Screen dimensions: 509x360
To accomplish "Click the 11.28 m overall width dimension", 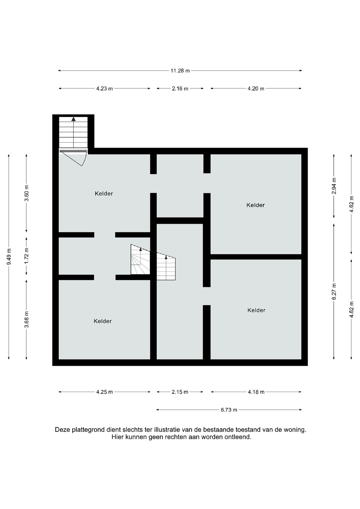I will pyautogui.click(x=180, y=71).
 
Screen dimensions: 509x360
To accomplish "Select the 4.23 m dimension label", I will pyautogui.click(x=104, y=89).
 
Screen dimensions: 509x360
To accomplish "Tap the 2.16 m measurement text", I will pyautogui.click(x=180, y=89).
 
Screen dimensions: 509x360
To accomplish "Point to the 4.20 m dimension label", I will pyautogui.click(x=256, y=89).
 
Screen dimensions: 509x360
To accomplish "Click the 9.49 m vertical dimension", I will pyautogui.click(x=9, y=257).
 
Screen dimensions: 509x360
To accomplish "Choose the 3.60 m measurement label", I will pyautogui.click(x=27, y=193).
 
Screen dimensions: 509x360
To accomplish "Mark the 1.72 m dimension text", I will pyautogui.click(x=27, y=256).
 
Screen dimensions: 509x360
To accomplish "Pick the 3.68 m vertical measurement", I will pyautogui.click(x=27, y=319).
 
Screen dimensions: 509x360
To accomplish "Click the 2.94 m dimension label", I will pyautogui.click(x=334, y=186).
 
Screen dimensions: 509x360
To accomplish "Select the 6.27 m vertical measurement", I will pyautogui.click(x=334, y=291).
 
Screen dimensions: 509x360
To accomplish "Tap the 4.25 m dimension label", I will pyautogui.click(x=104, y=392).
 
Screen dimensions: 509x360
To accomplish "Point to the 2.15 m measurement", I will pyautogui.click(x=180, y=392).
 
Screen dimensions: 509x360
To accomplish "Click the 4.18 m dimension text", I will pyautogui.click(x=256, y=392).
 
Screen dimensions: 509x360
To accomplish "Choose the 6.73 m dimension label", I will pyautogui.click(x=229, y=410).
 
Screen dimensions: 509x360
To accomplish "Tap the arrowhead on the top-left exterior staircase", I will pyautogui.click(x=73, y=119).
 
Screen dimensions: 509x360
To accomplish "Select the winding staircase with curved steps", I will pyautogui.click(x=140, y=260).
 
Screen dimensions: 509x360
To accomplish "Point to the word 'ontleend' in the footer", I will pyautogui.click(x=238, y=437).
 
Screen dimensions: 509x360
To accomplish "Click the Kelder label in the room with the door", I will pyautogui.click(x=104, y=194).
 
